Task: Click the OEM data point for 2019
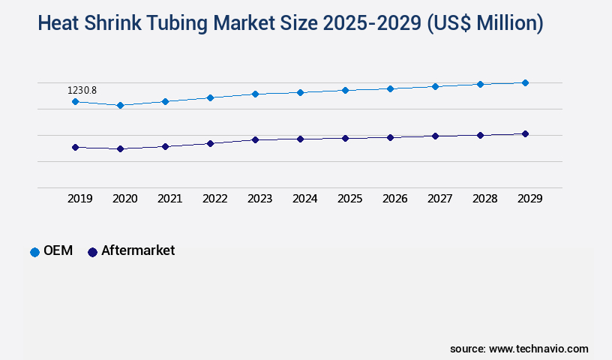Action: [x=75, y=101]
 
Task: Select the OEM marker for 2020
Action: [x=120, y=105]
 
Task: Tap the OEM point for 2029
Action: [x=525, y=82]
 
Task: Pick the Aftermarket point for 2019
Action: [x=75, y=147]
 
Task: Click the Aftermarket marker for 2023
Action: [x=255, y=139]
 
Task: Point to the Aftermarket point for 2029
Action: [x=525, y=133]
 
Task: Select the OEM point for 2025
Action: [x=345, y=90]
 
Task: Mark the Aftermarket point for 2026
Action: [x=390, y=137]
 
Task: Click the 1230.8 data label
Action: [x=82, y=90]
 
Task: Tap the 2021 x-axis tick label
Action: [x=169, y=199]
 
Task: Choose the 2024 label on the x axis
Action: [x=304, y=199]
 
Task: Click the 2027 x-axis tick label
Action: [x=439, y=199]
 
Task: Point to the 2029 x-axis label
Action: [x=529, y=199]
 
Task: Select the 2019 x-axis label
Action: [x=79, y=199]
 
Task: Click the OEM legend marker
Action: [x=34, y=252]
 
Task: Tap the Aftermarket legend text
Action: [x=138, y=250]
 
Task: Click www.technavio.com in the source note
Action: [x=538, y=349]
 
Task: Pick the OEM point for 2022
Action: [x=210, y=97]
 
